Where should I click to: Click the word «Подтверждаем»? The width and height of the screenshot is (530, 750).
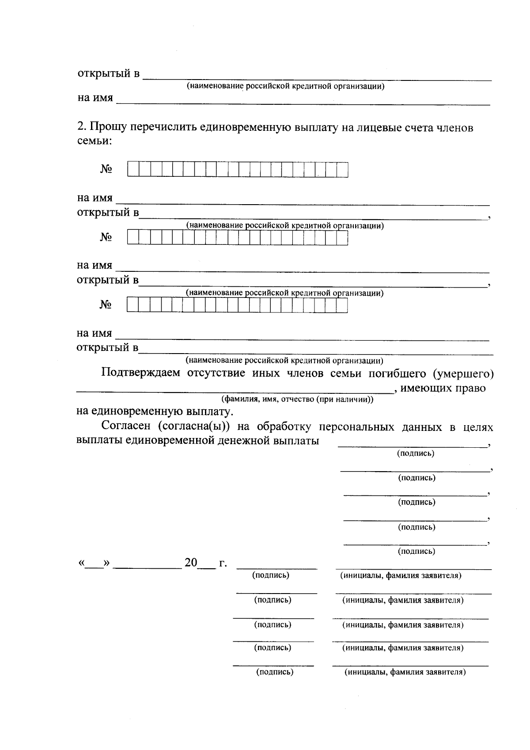point(140,373)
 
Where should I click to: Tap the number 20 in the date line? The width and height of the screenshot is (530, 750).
point(191,563)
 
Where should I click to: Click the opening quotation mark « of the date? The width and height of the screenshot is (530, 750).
point(81,563)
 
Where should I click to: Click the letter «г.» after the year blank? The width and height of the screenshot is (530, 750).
point(223,563)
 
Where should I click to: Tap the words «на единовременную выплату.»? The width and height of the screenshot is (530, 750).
point(155,412)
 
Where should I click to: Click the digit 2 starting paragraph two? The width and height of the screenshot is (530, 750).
point(80,127)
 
